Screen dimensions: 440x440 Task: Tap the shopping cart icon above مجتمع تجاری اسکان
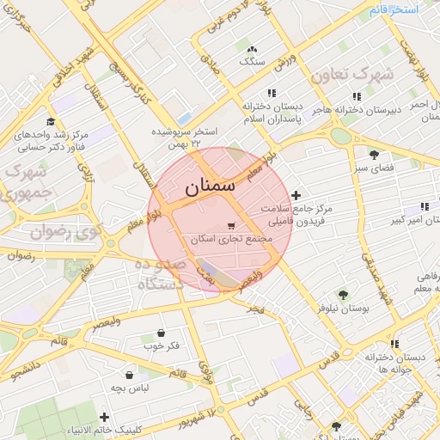point(230,225)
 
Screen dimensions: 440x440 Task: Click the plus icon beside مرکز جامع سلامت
point(296,196)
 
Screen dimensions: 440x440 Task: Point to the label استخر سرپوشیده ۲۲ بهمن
point(185,137)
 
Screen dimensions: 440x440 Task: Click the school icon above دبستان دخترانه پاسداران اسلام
point(272,93)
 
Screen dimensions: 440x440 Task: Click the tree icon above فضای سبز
point(376,154)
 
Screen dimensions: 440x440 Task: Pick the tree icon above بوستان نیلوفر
point(344,294)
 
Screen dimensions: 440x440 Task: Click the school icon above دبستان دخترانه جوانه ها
point(395,345)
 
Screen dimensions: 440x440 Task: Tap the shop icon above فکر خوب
point(162,333)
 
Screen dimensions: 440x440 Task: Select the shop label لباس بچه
point(129,388)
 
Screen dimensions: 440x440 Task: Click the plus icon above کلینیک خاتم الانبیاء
point(104,418)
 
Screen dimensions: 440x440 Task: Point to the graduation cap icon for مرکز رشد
point(51,121)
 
